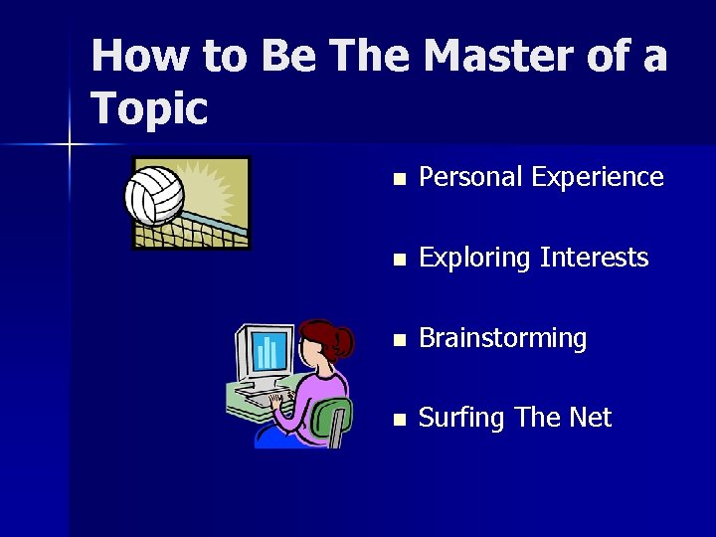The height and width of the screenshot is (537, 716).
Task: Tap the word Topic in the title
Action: [x=149, y=108]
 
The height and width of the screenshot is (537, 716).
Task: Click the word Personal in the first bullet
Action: [x=470, y=177]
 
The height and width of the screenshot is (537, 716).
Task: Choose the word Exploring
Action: [x=474, y=259]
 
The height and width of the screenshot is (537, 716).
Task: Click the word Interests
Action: [x=594, y=258]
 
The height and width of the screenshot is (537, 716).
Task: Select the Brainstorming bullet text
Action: [x=502, y=339]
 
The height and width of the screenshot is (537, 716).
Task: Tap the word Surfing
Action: [x=461, y=419]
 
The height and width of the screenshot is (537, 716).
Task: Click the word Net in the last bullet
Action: [x=590, y=418]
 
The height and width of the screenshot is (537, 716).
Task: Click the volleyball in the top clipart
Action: [x=153, y=194]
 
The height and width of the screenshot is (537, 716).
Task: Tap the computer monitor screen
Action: [x=267, y=351]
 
